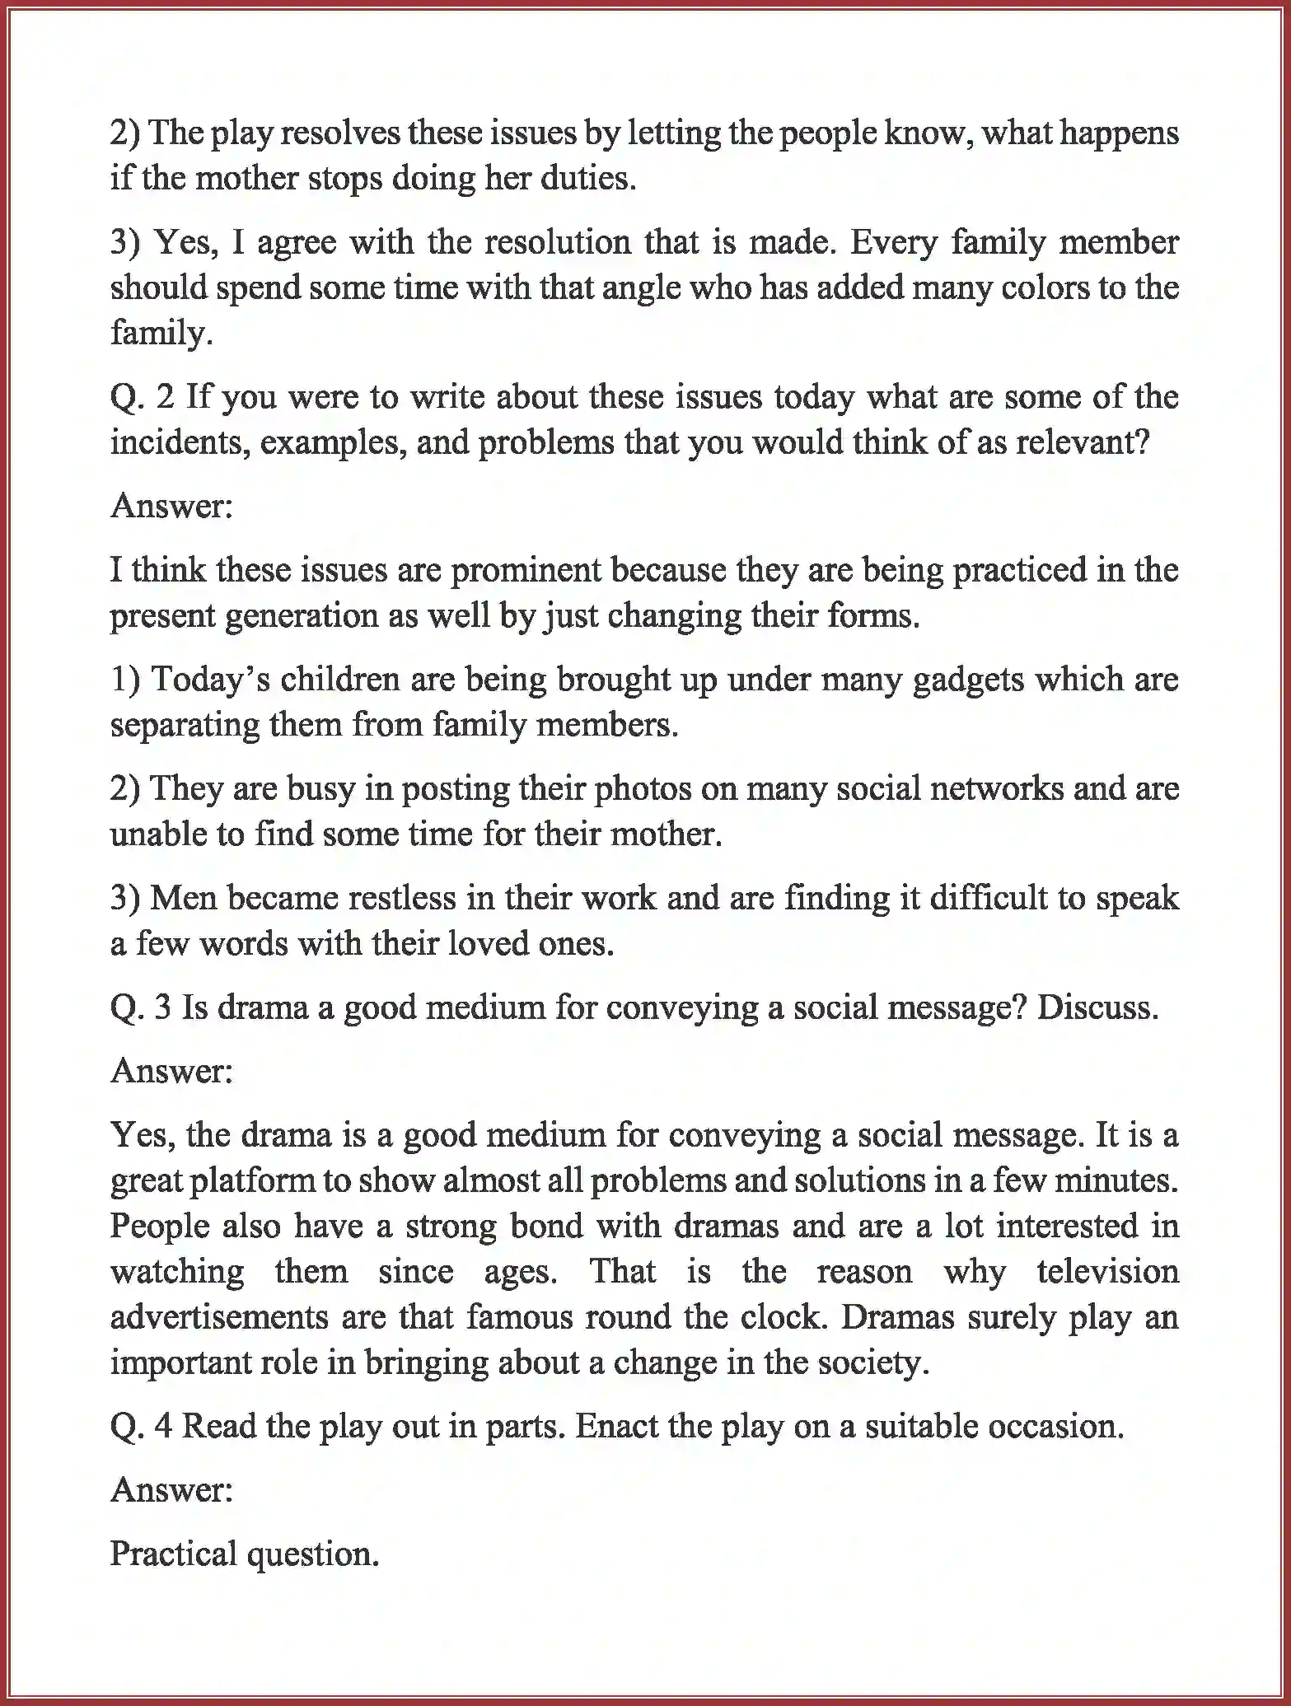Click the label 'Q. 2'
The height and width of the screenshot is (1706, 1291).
[x=143, y=397]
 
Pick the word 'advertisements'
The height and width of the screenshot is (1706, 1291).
[x=219, y=1316]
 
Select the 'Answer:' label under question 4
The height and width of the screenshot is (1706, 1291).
[x=171, y=1489]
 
